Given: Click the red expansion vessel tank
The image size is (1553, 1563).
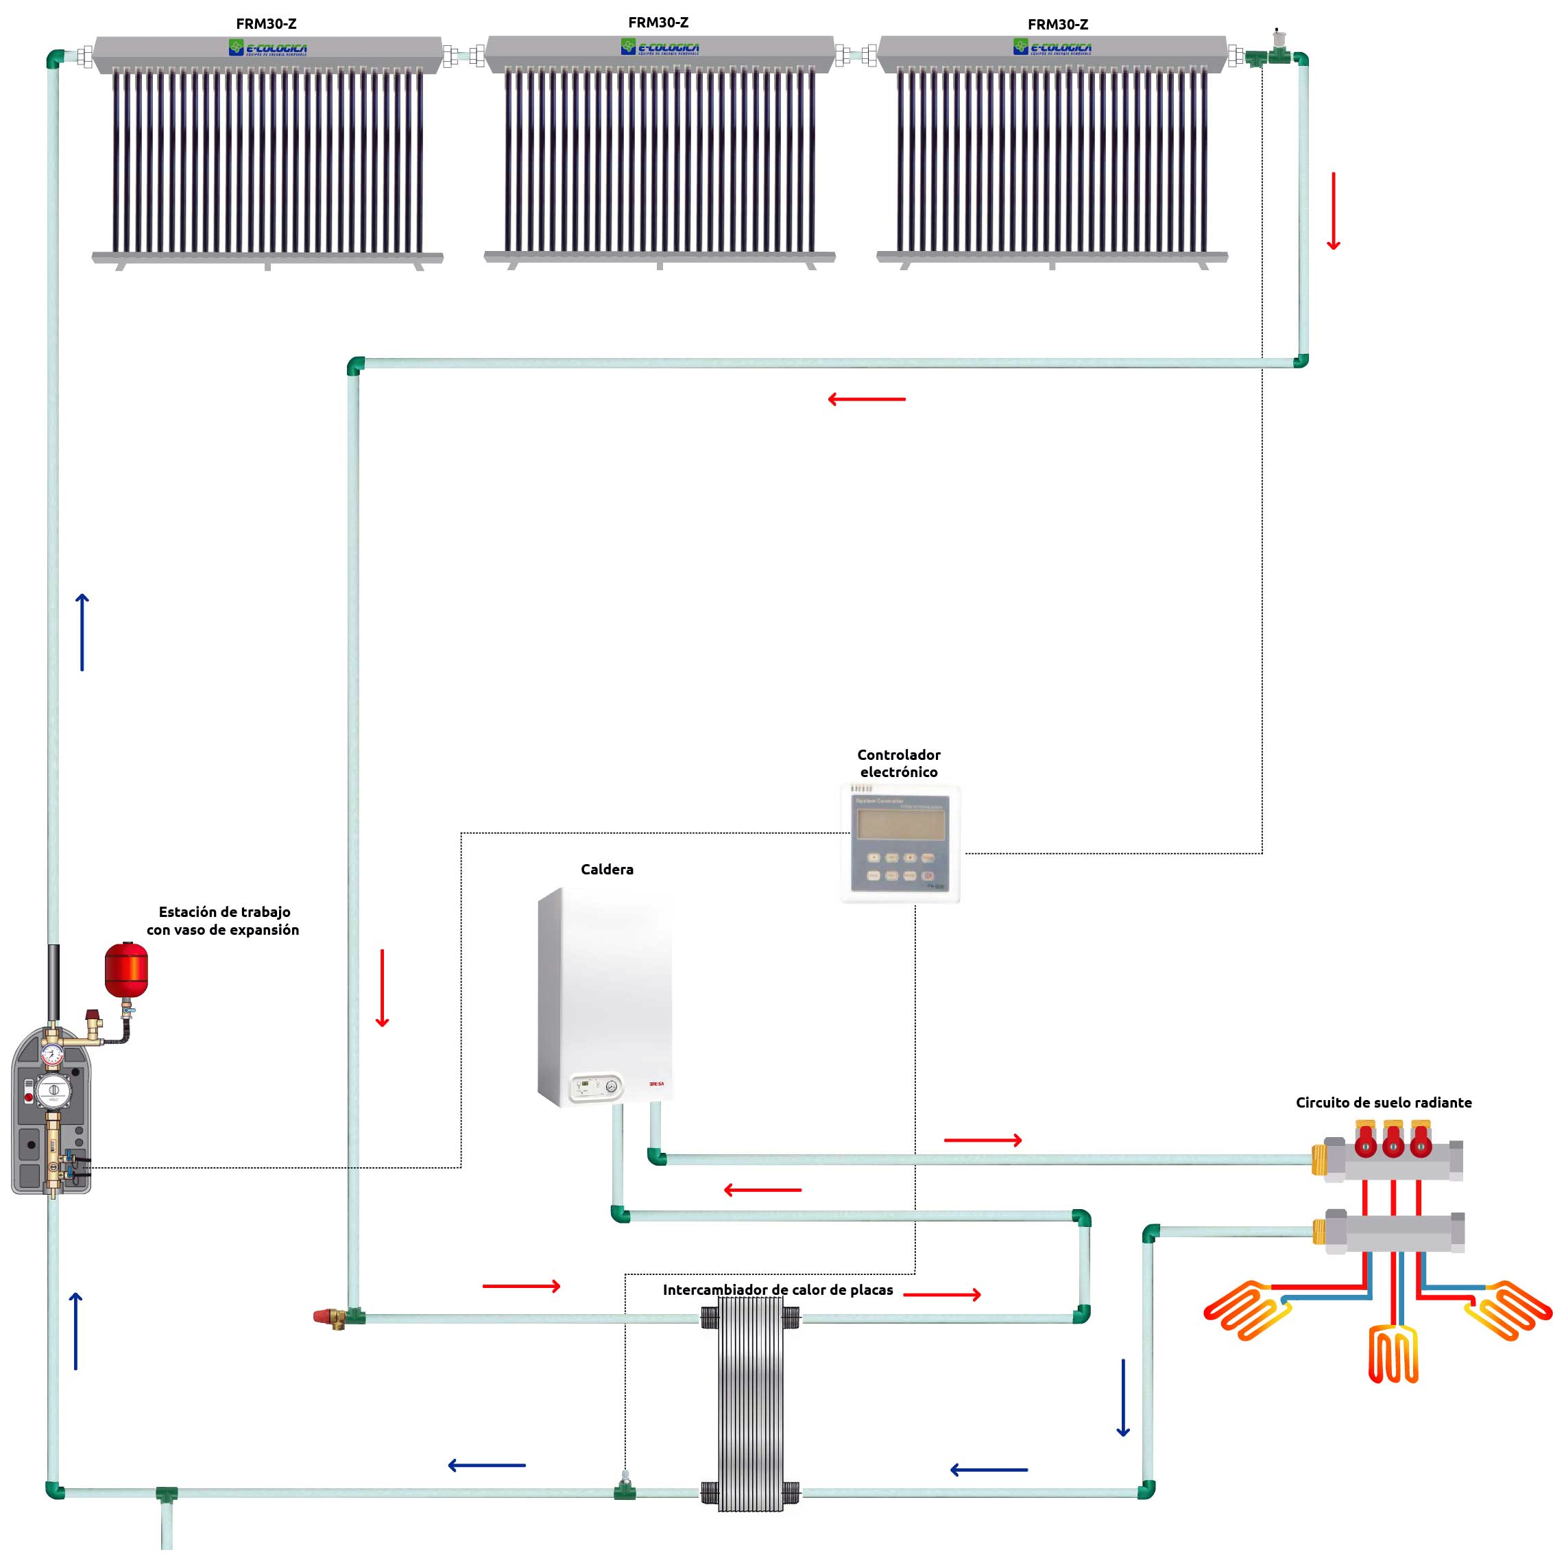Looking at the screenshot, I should pos(126,968).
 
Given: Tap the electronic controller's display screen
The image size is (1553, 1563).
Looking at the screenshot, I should pos(901,824).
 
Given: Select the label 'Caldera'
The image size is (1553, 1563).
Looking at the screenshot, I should pos(607,870).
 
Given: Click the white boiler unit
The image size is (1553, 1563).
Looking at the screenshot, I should pos(605,995).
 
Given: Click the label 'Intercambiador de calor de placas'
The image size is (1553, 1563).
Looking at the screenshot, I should pos(778,1289).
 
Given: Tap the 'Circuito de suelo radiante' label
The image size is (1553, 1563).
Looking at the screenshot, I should pos(1383,1103).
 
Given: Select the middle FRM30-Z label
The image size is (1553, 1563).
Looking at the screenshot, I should pos(658,23).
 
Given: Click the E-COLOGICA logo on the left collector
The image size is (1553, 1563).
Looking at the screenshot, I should pos(267,49).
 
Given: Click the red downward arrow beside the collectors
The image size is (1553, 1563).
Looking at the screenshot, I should pos(1334,211).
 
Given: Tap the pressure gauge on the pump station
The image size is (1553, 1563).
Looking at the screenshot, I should pos(53,1054).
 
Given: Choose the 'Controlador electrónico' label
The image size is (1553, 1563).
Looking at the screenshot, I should pos(899,763).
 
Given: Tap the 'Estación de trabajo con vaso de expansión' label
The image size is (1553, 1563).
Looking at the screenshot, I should pos(224,920).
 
